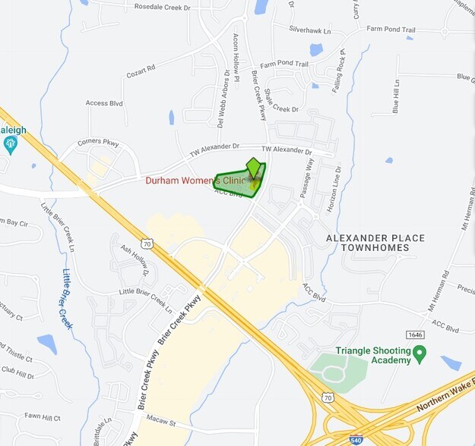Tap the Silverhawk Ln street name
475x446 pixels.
coord(309,30)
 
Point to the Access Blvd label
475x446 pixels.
coord(104,103)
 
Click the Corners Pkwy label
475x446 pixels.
coord(99,142)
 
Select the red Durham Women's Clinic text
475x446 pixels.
coord(196,181)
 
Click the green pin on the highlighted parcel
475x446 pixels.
coord(254,165)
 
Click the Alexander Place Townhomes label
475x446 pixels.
coord(375,243)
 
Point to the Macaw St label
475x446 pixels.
coord(161,422)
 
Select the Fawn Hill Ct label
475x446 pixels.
coord(42,416)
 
